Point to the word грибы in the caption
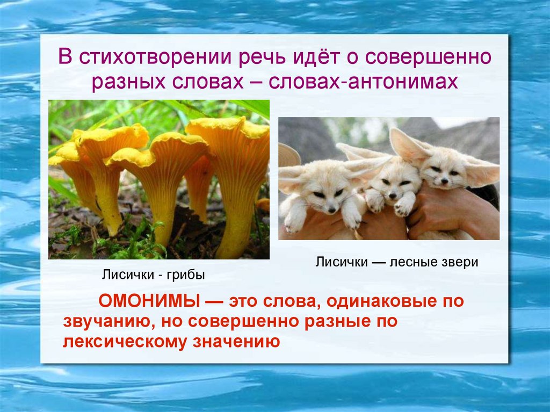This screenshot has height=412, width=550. (x=186, y=276)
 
